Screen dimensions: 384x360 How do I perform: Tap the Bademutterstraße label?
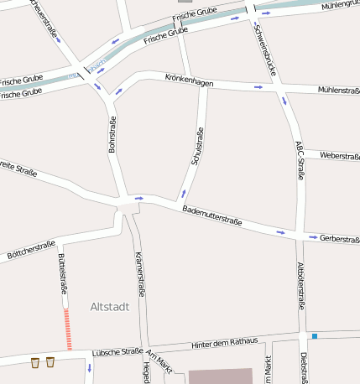pos(212,215)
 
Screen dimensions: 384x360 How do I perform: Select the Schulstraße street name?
pos(197,146)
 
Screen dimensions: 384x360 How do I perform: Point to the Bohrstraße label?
pos(112,134)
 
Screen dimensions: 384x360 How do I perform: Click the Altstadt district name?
pos(109,307)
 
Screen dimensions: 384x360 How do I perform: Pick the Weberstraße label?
pos(339,156)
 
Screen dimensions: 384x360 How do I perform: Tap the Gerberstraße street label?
pos(339,239)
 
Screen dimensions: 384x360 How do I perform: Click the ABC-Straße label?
pos(300,160)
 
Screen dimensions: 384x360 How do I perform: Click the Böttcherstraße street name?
pos(30,248)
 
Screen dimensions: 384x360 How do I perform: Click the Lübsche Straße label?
pos(117,352)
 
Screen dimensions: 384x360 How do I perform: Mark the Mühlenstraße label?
pos(338,90)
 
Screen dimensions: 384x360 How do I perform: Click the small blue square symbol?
pos(315,336)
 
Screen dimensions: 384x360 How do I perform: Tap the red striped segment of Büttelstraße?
pos(68,328)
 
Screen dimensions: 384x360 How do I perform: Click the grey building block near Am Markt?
pos(220,376)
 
